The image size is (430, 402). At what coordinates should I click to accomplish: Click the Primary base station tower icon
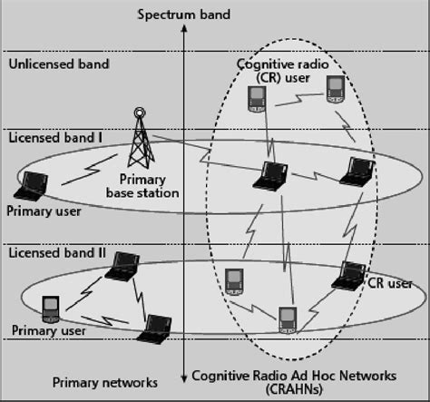pos(139,136)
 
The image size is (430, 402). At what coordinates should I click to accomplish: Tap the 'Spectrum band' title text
pos(183,14)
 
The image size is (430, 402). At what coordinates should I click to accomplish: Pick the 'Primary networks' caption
pos(104,382)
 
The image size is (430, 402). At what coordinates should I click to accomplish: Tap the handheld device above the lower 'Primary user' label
pos(51,309)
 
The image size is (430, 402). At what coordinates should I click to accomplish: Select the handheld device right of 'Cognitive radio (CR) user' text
pos(334,89)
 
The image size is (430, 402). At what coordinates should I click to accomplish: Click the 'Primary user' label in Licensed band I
pos(44,211)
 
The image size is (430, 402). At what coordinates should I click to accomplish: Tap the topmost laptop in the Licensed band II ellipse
pos(122,264)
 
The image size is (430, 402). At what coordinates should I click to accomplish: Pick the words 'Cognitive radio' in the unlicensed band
pos(280,64)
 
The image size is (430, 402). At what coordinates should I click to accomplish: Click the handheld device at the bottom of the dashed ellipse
pos(287,319)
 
